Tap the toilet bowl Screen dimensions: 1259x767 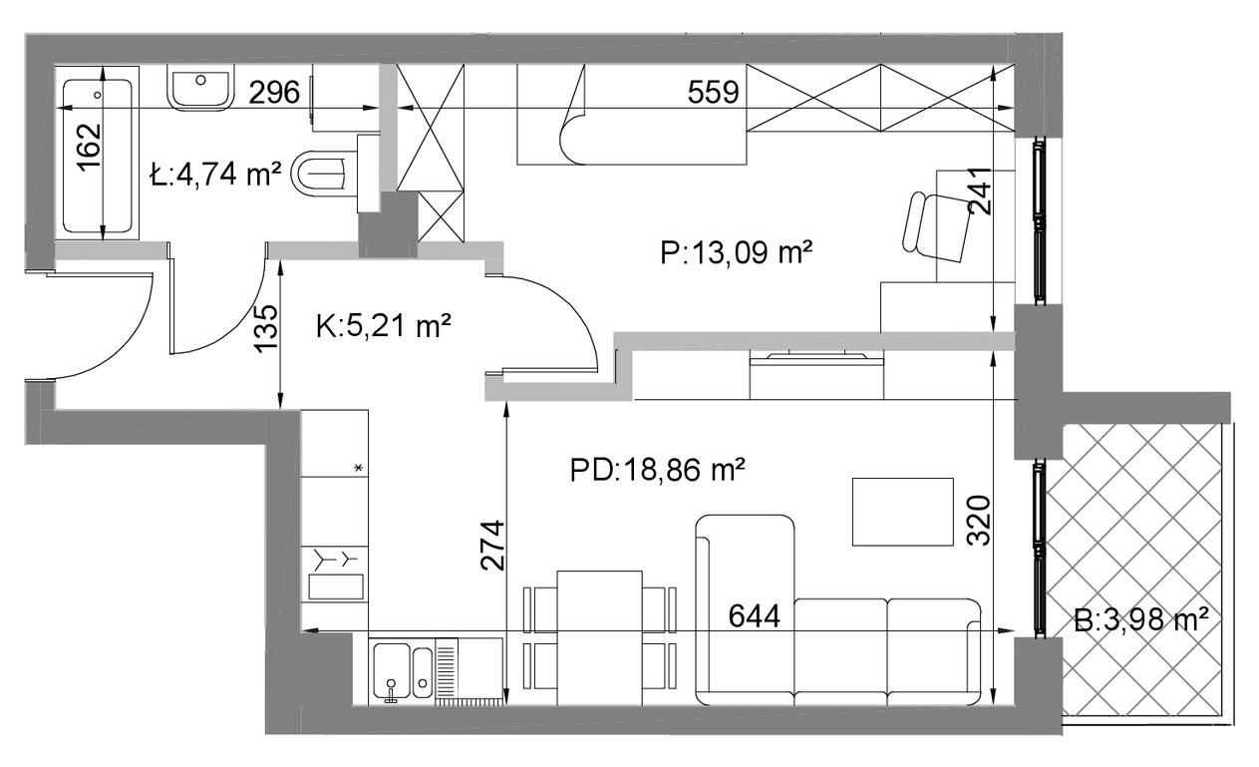click(x=319, y=173)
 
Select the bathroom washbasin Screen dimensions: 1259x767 click(x=200, y=86)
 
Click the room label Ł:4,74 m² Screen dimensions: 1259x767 click(x=215, y=174)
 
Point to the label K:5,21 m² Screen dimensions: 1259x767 click(x=384, y=325)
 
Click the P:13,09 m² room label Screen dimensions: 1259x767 click(x=737, y=252)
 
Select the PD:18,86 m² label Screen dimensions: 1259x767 click(x=658, y=470)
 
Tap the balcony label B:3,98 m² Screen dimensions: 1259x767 click(x=1141, y=621)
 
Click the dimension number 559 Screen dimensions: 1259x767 click(x=713, y=92)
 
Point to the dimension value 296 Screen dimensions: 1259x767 click(x=274, y=92)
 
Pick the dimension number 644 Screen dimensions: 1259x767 click(x=755, y=616)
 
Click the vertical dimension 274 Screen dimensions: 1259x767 click(x=492, y=546)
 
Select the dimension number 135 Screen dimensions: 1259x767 click(x=266, y=329)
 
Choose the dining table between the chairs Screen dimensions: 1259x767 click(x=599, y=638)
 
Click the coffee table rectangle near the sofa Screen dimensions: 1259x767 click(x=903, y=512)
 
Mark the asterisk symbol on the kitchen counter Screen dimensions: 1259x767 click(x=358, y=468)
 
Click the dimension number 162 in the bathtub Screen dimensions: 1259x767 click(x=90, y=147)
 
